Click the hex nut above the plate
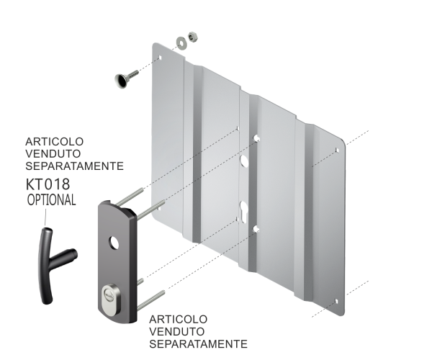[194, 36]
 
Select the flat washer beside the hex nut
[181, 42]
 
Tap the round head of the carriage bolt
[120, 81]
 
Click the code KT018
[48, 184]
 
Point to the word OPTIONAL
[52, 199]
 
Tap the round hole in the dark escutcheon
[113, 243]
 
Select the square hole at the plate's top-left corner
[160, 58]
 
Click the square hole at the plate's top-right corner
[337, 150]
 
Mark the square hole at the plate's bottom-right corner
[336, 302]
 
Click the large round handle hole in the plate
[244, 161]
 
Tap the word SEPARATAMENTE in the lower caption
[198, 343]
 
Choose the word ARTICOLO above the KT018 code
[54, 142]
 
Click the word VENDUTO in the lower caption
[177, 331]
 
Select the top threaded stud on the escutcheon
[130, 197]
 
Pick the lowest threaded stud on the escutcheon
[151, 300]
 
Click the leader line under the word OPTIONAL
[45, 218]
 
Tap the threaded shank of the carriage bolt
[132, 74]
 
